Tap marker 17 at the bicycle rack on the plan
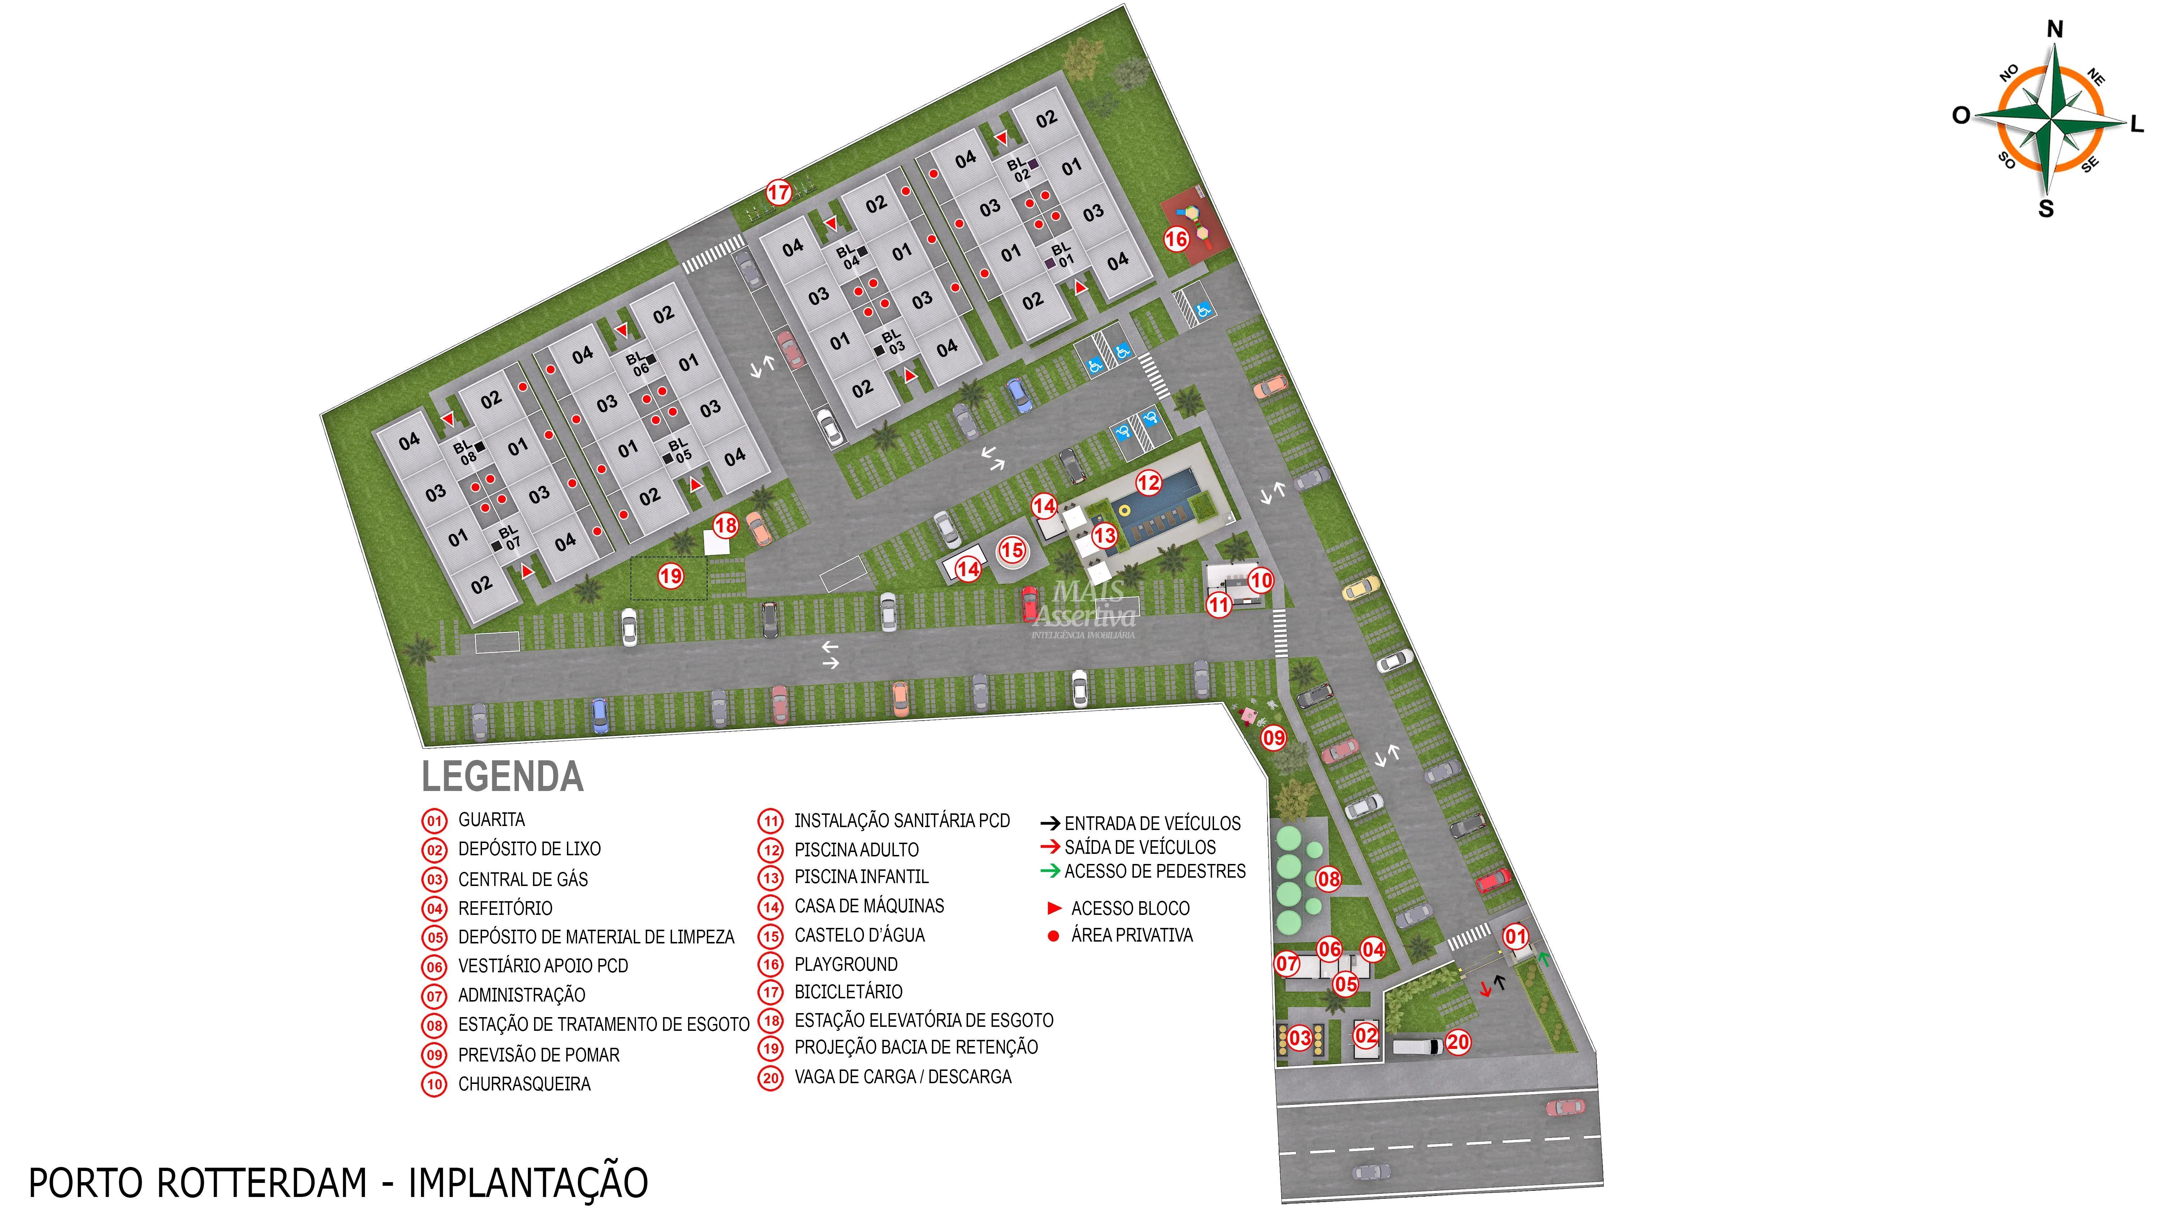click(779, 193)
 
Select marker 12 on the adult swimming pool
click(1148, 483)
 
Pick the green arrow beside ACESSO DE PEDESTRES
click(1050, 871)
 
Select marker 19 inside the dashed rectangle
click(671, 576)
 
